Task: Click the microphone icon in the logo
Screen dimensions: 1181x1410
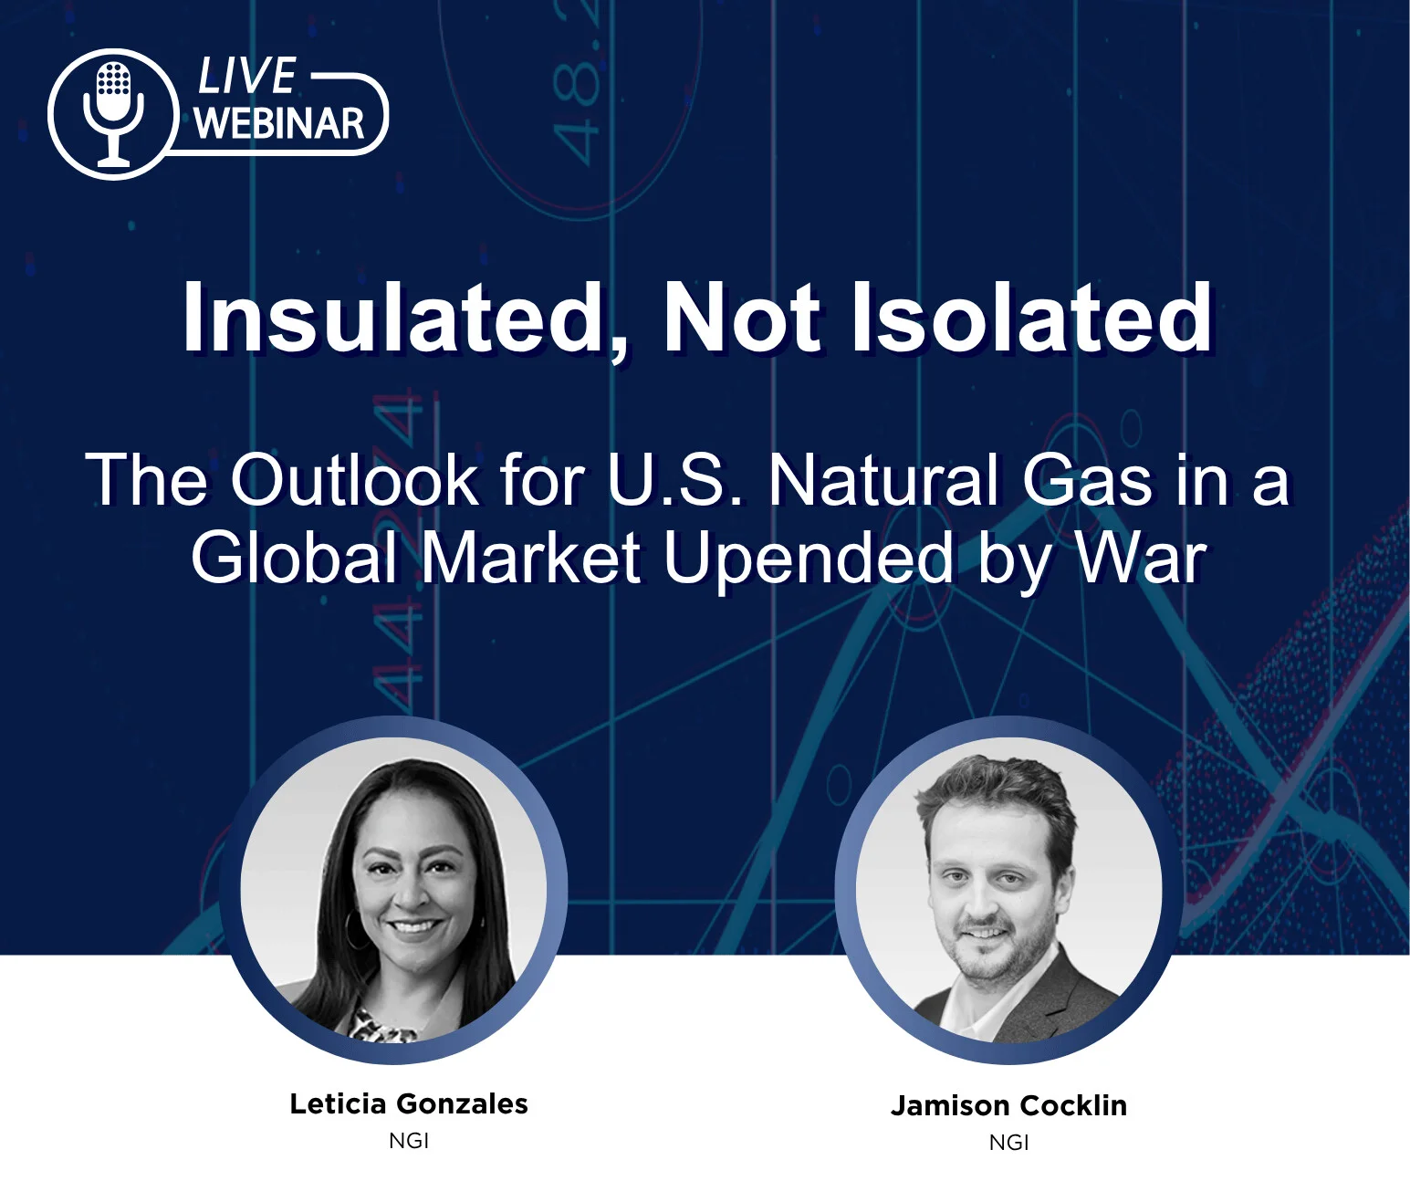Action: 113,113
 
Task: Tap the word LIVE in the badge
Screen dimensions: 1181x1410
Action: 246,76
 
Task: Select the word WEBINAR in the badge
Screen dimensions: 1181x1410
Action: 279,123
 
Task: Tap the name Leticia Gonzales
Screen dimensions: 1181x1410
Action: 409,1103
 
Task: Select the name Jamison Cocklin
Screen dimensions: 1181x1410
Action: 1008,1105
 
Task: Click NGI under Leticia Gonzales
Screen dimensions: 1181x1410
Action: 409,1141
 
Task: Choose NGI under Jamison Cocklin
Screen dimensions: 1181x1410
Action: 1008,1143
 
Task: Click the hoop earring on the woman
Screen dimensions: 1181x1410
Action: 353,928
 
